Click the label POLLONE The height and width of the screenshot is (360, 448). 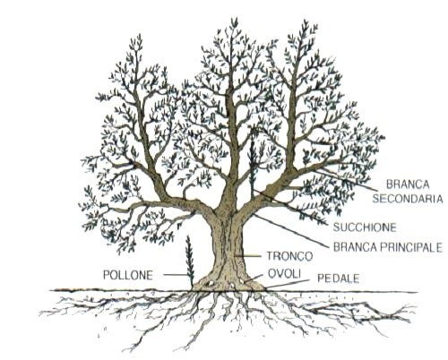(x=128, y=275)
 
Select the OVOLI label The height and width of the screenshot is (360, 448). (x=284, y=273)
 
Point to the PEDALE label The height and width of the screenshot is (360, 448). (x=338, y=279)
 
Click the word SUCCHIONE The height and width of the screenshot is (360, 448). (x=365, y=227)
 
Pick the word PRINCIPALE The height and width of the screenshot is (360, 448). (x=411, y=247)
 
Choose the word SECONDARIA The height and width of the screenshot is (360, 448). (x=408, y=199)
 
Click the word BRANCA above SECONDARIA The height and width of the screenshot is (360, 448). (x=408, y=184)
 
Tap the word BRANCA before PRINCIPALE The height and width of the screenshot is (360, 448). (x=356, y=247)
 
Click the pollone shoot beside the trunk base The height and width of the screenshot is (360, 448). (x=189, y=260)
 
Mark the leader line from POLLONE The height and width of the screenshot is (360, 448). (x=176, y=275)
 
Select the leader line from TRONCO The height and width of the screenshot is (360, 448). (x=248, y=256)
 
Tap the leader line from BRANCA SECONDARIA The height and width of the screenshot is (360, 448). (x=346, y=180)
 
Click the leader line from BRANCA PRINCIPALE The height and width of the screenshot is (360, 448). (x=290, y=230)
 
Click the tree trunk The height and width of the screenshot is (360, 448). (x=228, y=248)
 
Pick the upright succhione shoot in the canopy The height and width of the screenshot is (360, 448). (x=253, y=167)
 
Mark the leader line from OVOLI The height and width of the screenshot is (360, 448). (x=254, y=279)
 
